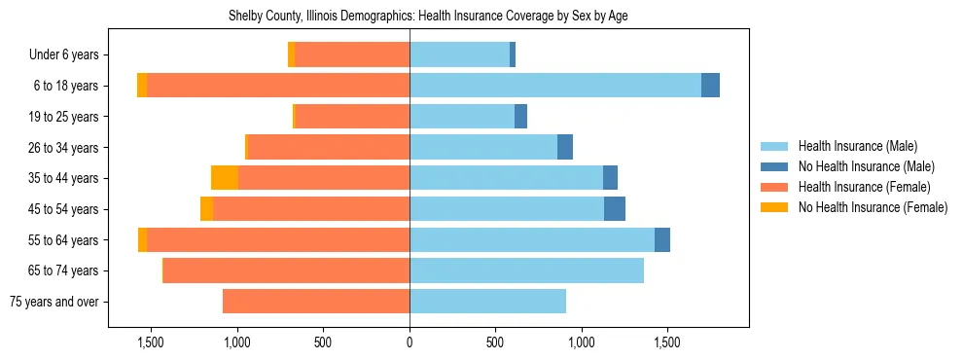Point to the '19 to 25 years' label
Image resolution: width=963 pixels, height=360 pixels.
(65, 117)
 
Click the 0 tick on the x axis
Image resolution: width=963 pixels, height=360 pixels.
(410, 342)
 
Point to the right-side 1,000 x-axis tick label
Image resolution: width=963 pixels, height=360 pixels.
(581, 342)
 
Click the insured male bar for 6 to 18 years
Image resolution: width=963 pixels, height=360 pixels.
(554, 86)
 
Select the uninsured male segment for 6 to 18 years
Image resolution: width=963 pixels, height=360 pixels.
(710, 86)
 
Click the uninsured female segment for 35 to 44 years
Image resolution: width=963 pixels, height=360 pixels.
(225, 178)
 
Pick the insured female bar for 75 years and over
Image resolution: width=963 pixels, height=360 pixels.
(316, 302)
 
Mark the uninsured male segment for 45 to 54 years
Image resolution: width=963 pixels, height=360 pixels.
(615, 209)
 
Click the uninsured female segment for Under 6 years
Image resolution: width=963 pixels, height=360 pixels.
(292, 55)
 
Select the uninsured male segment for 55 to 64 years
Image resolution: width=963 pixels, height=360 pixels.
(662, 239)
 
